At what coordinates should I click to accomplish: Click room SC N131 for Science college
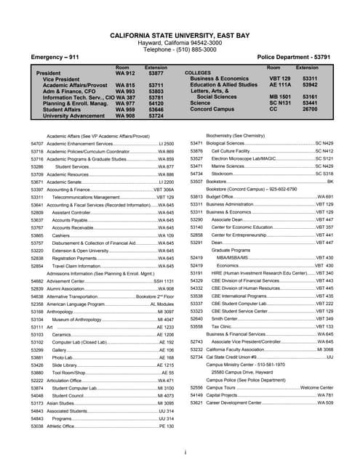click(280, 103)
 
